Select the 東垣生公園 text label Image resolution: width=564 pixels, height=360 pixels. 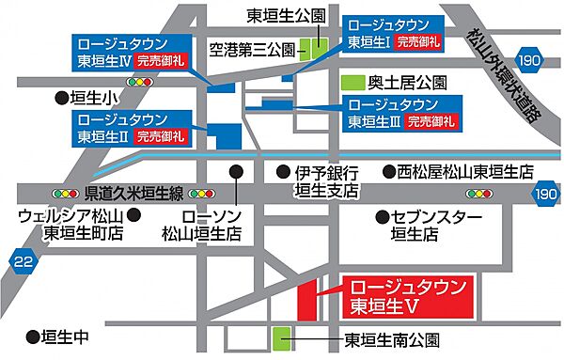(x=286, y=15)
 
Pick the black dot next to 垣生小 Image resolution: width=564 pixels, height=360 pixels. (x=61, y=97)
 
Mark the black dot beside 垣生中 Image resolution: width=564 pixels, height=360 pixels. (x=33, y=335)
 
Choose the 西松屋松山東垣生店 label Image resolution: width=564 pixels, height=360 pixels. (x=466, y=173)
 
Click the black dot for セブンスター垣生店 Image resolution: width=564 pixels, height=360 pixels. (x=382, y=217)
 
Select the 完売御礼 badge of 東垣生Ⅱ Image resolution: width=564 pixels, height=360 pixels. (x=160, y=136)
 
